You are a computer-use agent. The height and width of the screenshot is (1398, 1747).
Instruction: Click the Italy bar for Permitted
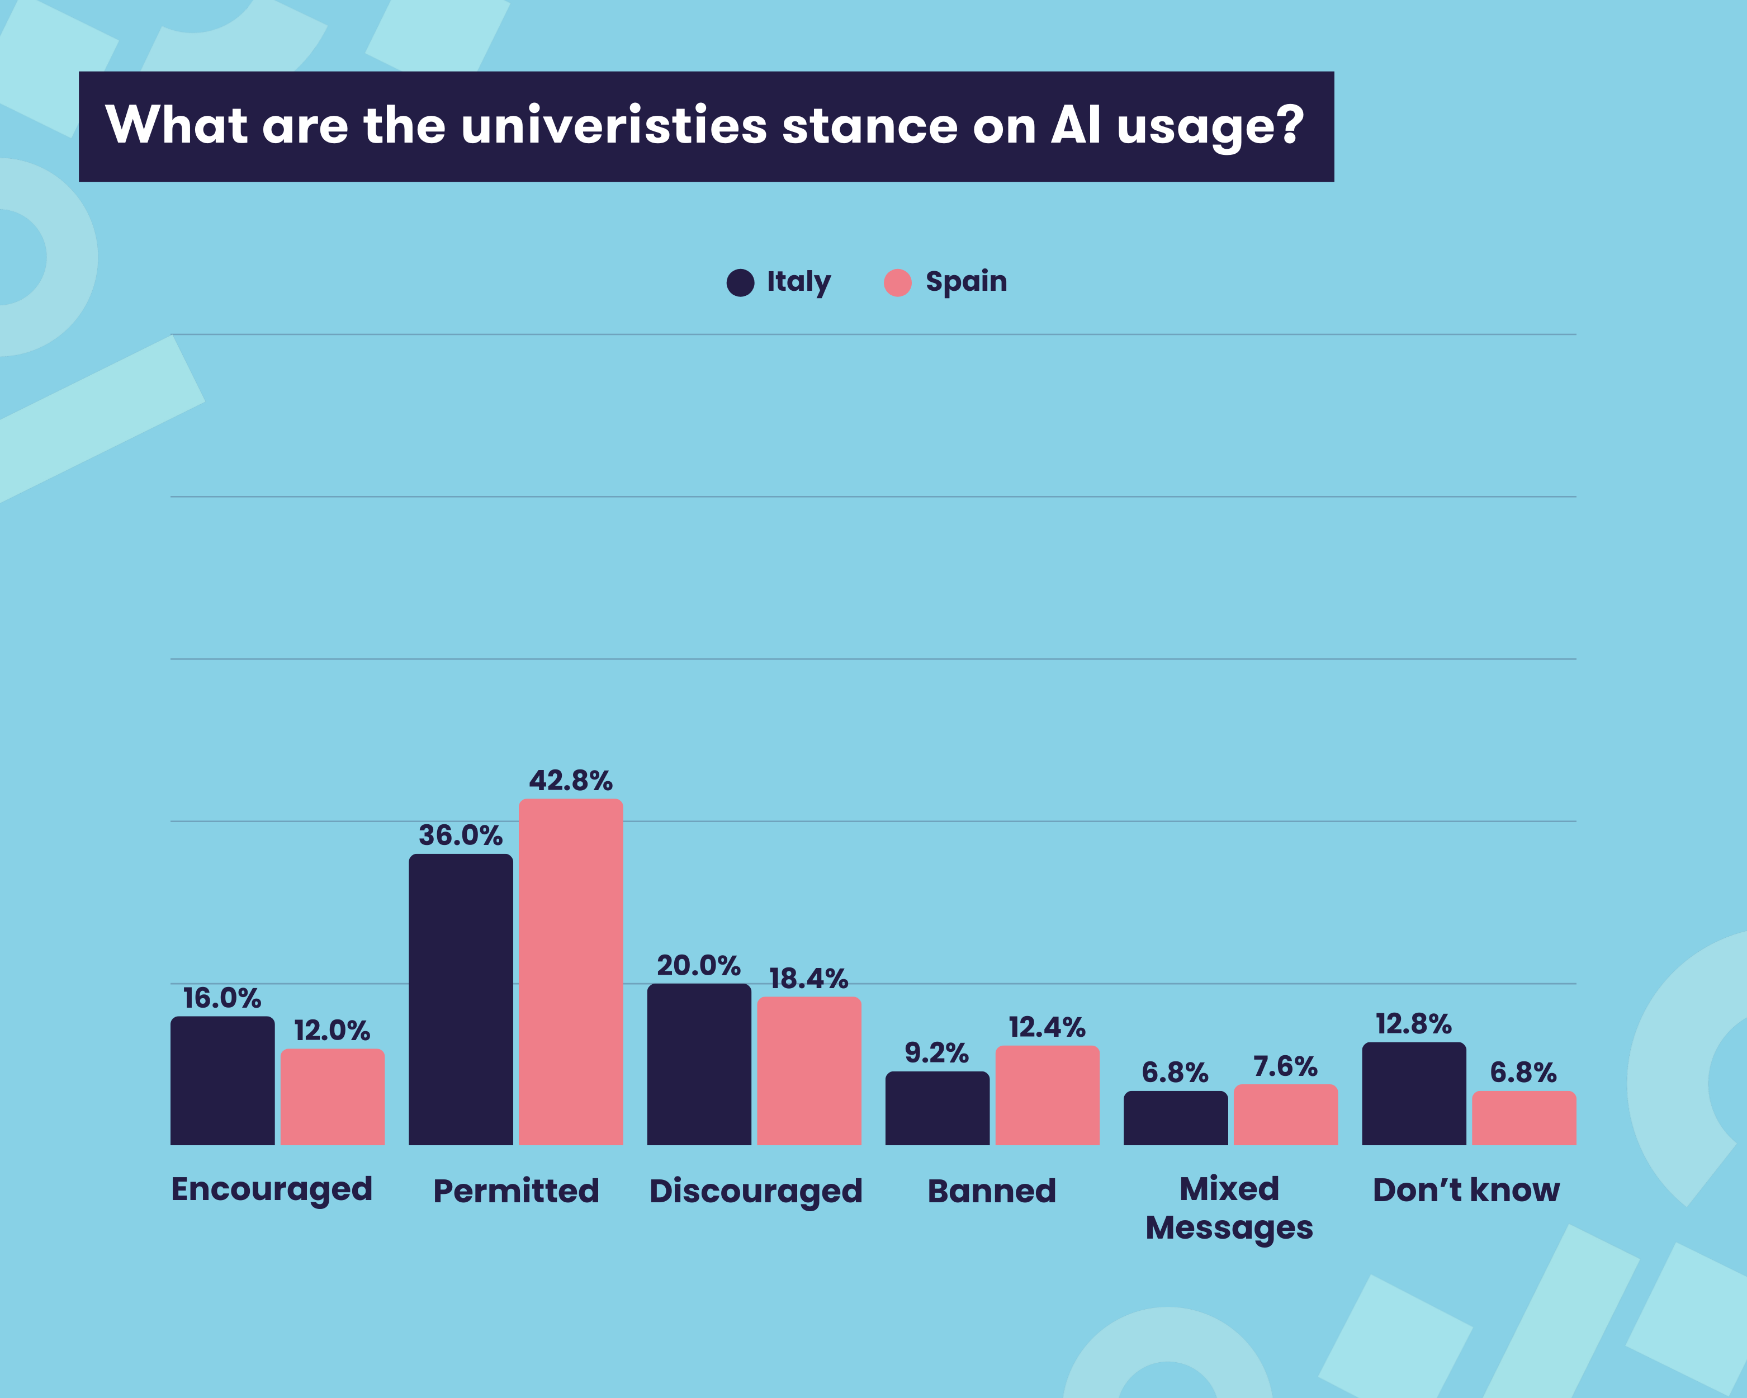(x=460, y=999)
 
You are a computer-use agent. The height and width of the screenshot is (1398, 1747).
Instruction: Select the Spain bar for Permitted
(x=570, y=972)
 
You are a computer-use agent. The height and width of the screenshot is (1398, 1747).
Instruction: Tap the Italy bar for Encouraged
(x=222, y=1080)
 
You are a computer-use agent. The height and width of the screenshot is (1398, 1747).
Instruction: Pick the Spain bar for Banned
(x=1047, y=1095)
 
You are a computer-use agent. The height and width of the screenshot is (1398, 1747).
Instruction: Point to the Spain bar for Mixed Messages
(x=1285, y=1114)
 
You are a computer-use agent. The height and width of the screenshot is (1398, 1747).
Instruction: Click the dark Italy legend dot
(x=740, y=283)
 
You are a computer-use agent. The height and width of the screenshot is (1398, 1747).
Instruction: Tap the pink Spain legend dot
(x=897, y=283)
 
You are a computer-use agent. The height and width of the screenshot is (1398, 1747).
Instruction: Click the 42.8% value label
(x=570, y=781)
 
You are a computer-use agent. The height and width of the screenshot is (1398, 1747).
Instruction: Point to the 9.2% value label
(x=937, y=1053)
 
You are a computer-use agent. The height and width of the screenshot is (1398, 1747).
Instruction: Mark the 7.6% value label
(x=1285, y=1066)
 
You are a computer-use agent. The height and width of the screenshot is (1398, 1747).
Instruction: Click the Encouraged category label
(x=272, y=1190)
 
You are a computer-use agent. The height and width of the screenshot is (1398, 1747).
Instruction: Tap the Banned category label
(x=992, y=1191)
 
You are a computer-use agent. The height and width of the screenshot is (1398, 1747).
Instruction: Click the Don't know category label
(x=1466, y=1190)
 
